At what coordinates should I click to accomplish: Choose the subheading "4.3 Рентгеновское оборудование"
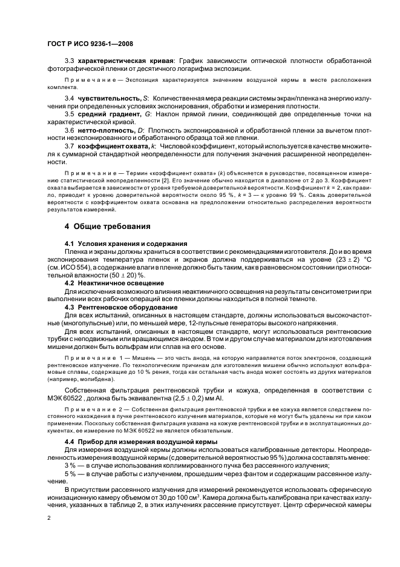tap(112, 308)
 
